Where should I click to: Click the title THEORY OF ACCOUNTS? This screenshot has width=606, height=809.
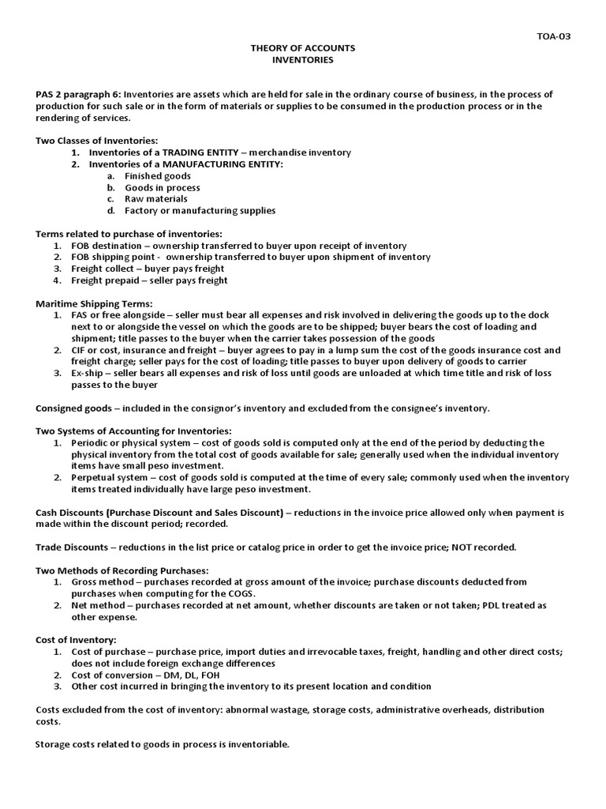[303, 48]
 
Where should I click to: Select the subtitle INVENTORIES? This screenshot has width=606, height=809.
[303, 60]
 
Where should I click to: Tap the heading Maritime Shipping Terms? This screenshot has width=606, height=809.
[95, 303]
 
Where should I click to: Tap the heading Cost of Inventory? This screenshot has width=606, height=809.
[76, 640]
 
